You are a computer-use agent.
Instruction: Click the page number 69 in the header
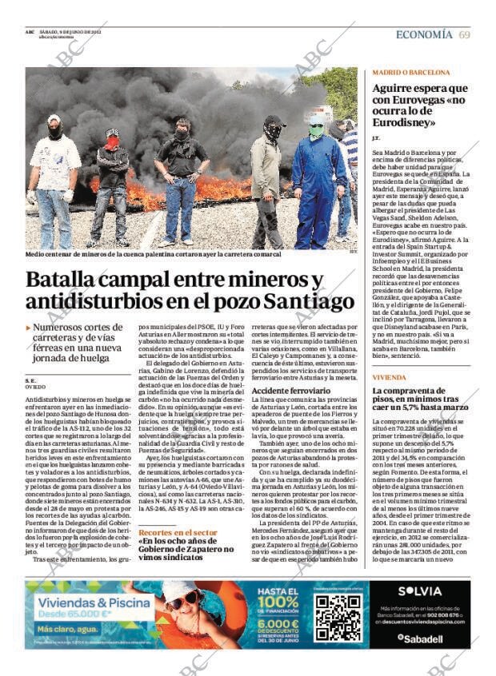pos(464,34)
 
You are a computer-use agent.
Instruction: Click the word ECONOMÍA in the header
pos(424,34)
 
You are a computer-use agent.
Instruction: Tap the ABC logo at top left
pos(30,32)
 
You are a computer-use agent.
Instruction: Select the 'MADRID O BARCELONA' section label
pos(411,72)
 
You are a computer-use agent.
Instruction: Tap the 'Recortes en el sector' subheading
pos(177,532)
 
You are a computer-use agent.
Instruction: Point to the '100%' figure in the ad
pos(278,601)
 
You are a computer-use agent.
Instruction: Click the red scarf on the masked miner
pos(113,145)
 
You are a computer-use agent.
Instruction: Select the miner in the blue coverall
pos(318,184)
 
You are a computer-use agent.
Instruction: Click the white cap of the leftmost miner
pos(54,118)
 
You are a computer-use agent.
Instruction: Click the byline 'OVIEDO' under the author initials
pos(36,386)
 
